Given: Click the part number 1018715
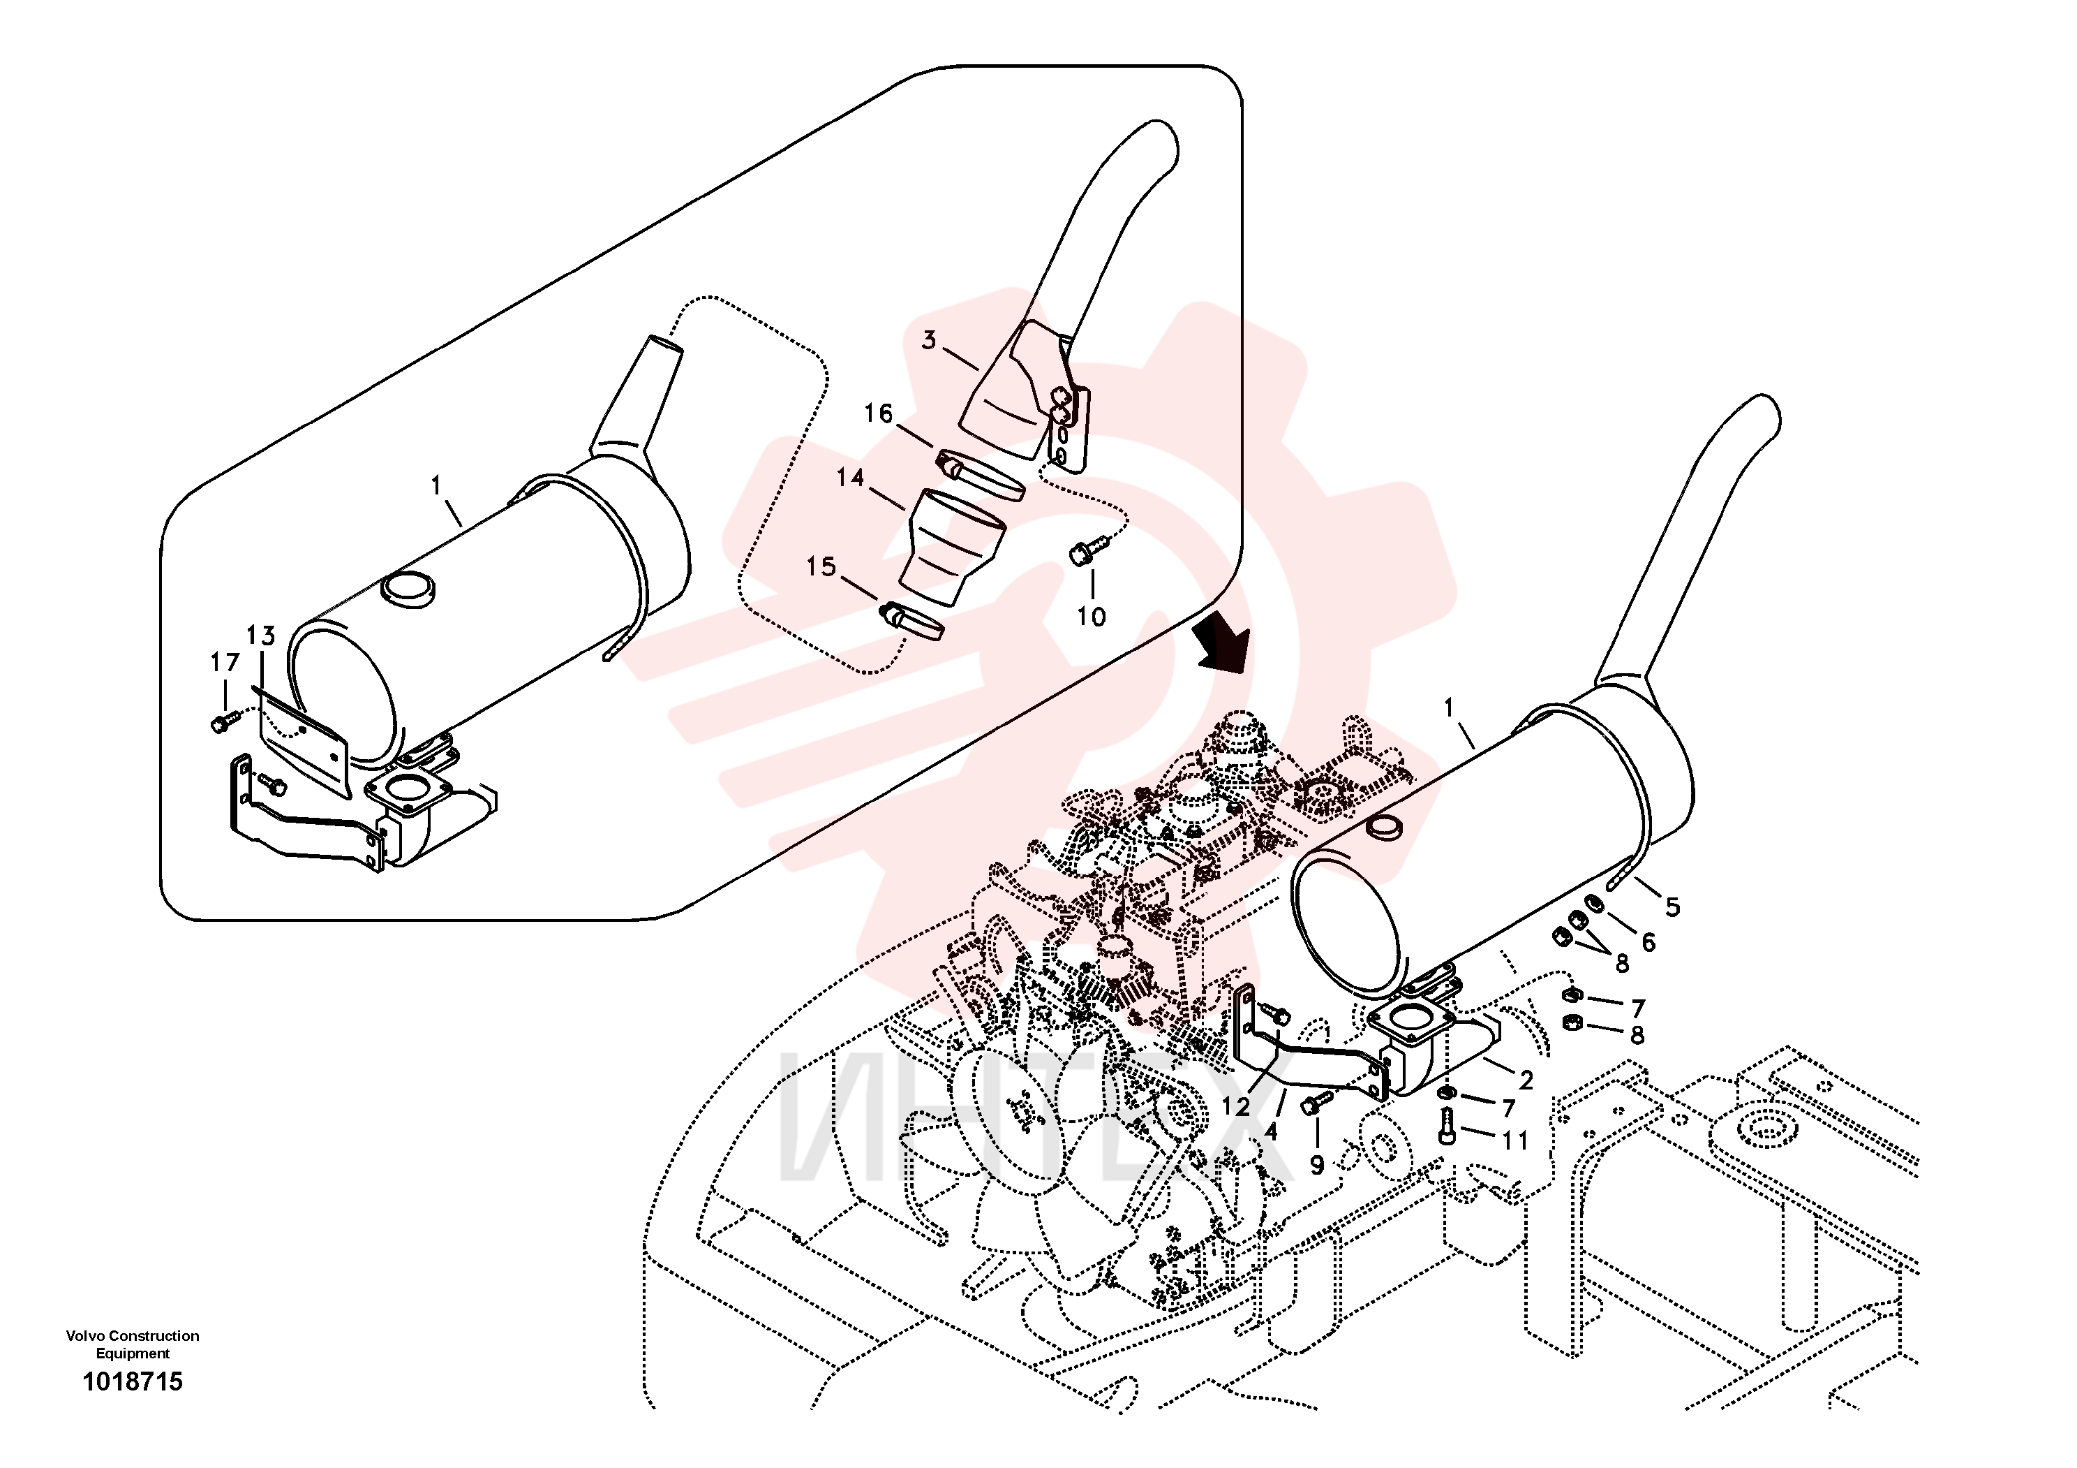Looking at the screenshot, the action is pos(133,1381).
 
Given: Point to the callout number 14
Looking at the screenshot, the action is pos(850,477).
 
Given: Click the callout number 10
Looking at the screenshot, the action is pos(1091,617).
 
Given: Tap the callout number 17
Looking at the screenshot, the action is pos(225,663).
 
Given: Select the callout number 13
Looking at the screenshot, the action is pos(260,636).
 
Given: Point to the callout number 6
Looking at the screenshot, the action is pos(1648,942).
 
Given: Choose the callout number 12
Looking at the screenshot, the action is pos(1236,1106).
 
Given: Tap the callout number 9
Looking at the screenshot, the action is pos(1317,1165).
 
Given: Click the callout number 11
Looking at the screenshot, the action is pos(1515,1140).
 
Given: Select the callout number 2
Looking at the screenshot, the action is pos(1526,1080).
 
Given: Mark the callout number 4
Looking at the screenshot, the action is pos(1271,1131).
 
